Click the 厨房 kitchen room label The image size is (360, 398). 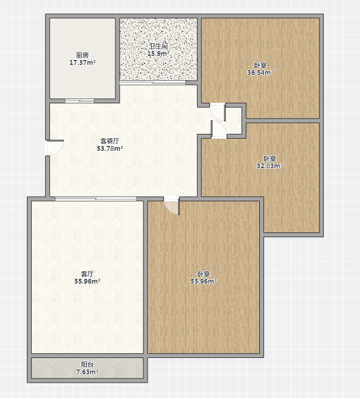pos(83,55)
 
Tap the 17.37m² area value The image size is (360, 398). pos(83,62)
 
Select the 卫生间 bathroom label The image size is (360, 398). pos(158,46)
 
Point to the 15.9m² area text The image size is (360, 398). pos(158,54)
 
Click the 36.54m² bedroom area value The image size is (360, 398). pos(260,73)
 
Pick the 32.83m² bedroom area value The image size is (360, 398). pos(270,166)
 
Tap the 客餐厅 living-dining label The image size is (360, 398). pos(110,141)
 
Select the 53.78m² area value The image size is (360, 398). pos(110,149)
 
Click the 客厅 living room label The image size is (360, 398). pos(87,274)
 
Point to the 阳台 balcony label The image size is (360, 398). pos(87,364)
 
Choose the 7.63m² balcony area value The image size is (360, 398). pos(87,372)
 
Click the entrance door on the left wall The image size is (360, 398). pos(54,147)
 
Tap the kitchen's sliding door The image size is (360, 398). pos(80,101)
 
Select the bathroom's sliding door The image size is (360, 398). pos(152,83)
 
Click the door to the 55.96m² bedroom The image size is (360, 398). pos(172,206)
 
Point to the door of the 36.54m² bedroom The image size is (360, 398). pos(218,112)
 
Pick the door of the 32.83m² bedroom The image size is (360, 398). pos(219,130)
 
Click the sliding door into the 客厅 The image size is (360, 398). pos(95,199)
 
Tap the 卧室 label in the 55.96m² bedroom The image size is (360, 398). pos(203,274)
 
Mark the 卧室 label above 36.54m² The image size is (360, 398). pos(260,65)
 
